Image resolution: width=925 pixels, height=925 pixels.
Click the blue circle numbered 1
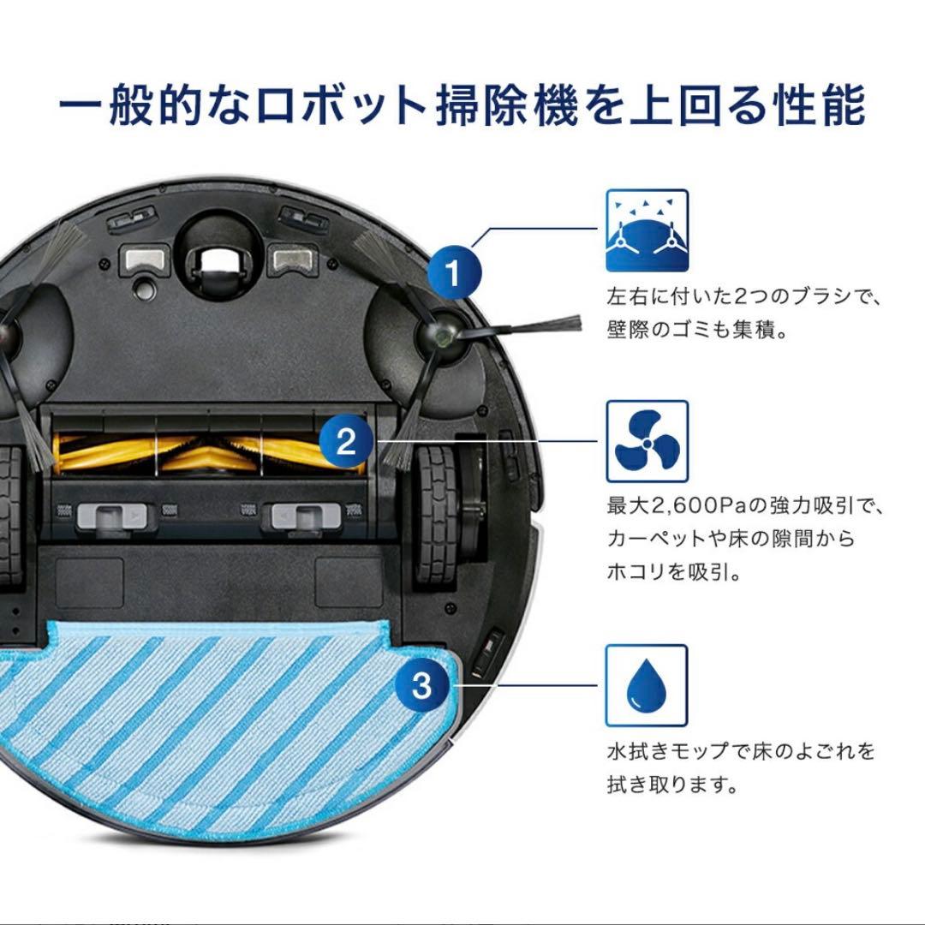pyautogui.click(x=453, y=273)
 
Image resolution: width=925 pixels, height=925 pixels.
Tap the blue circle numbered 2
pyautogui.click(x=346, y=441)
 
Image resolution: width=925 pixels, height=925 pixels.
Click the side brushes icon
pyautogui.click(x=647, y=230)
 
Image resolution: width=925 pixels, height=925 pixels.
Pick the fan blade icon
pyautogui.click(x=647, y=441)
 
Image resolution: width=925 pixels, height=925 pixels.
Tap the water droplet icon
pyautogui.click(x=647, y=685)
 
